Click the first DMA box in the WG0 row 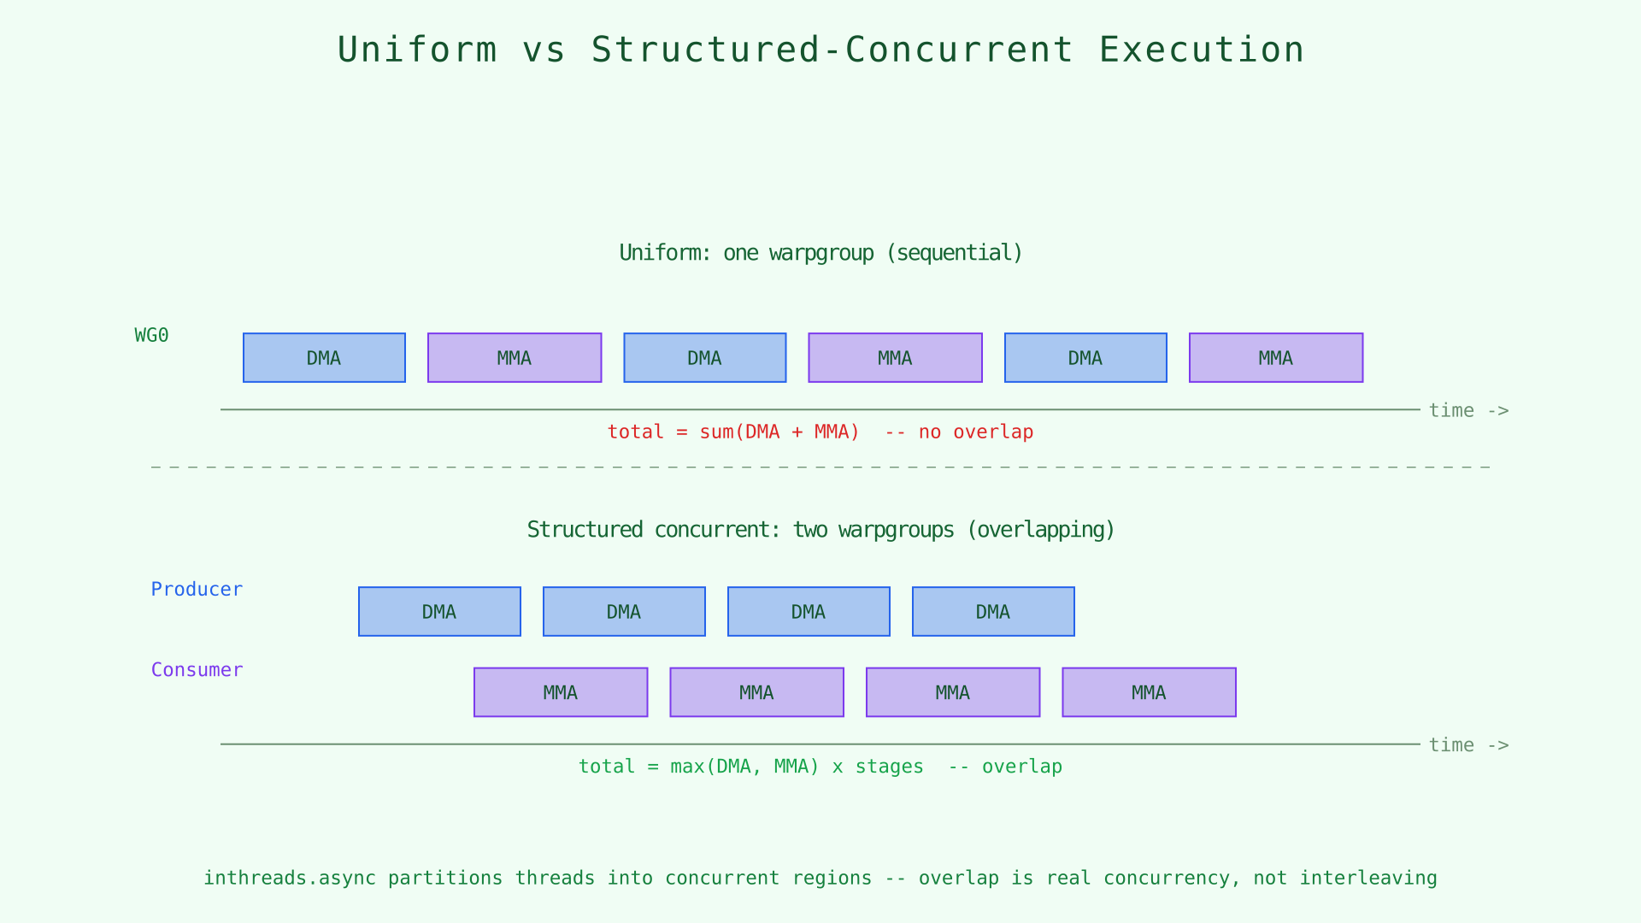tap(324, 358)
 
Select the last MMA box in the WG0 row tap(1275, 358)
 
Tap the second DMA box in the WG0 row tap(704, 358)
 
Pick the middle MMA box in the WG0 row tap(895, 358)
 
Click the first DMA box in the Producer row tap(439, 612)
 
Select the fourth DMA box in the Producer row tap(993, 612)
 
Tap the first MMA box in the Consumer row tap(561, 692)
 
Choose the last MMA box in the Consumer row tap(1149, 692)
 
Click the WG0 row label tap(152, 336)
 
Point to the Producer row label tap(197, 590)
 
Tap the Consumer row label tap(197, 670)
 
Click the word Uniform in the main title tap(417, 50)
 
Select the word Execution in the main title tap(1201, 50)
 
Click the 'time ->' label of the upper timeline tap(1468, 411)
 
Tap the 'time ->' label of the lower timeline tap(1468, 745)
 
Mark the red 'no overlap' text tap(976, 432)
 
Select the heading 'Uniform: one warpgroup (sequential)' tap(820, 253)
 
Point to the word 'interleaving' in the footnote tap(1367, 879)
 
